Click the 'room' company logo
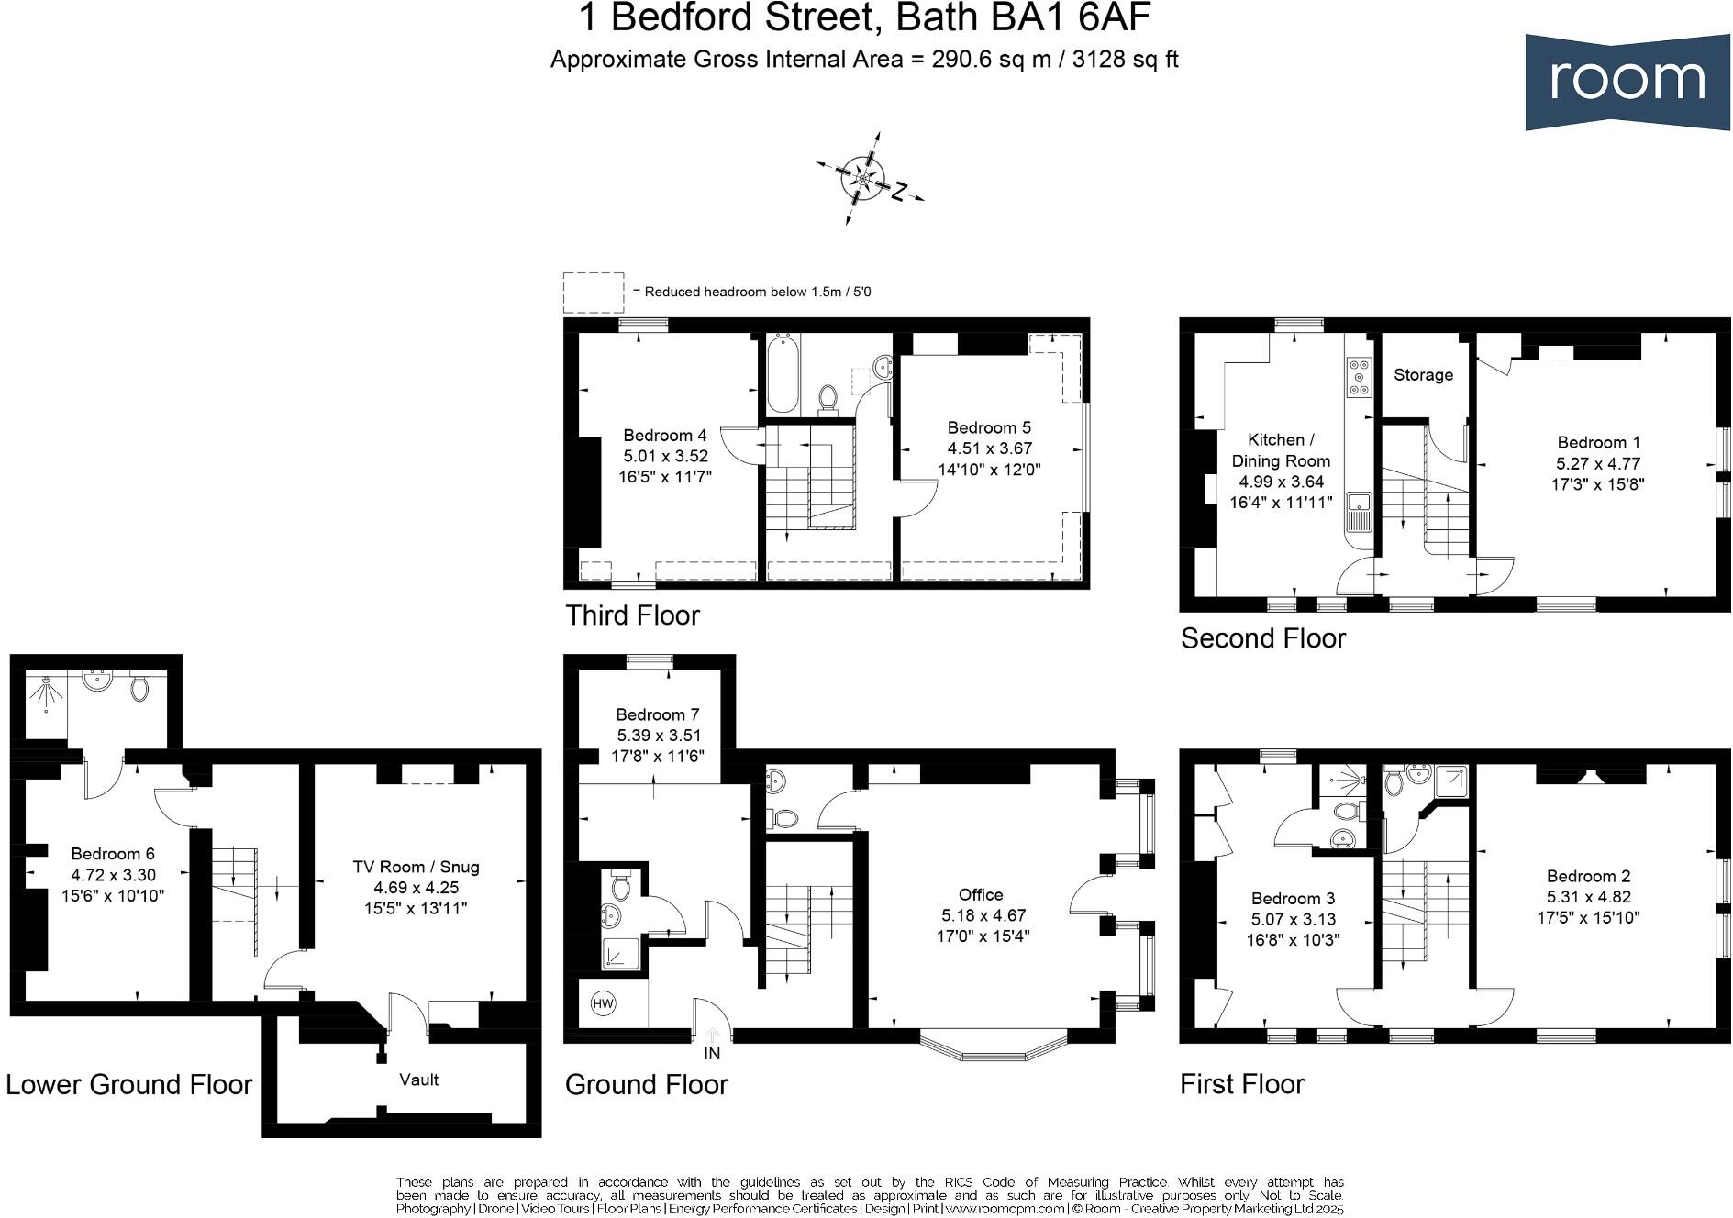[x=1627, y=81]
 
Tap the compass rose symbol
[x=863, y=178]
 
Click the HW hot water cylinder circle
[x=603, y=1003]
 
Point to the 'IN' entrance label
[x=712, y=1054]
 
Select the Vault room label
[x=418, y=1080]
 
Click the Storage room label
[x=1423, y=374]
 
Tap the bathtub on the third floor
[x=783, y=374]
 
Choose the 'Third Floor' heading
[x=632, y=615]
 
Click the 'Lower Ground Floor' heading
[x=128, y=1084]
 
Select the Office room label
[x=981, y=894]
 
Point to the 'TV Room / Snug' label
[x=416, y=867]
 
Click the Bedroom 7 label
[x=657, y=714]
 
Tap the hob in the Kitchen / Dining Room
[x=1359, y=377]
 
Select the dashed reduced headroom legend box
[x=593, y=293]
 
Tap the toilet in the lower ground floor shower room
[x=139, y=688]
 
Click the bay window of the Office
[x=994, y=1048]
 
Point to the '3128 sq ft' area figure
[x=1125, y=60]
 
